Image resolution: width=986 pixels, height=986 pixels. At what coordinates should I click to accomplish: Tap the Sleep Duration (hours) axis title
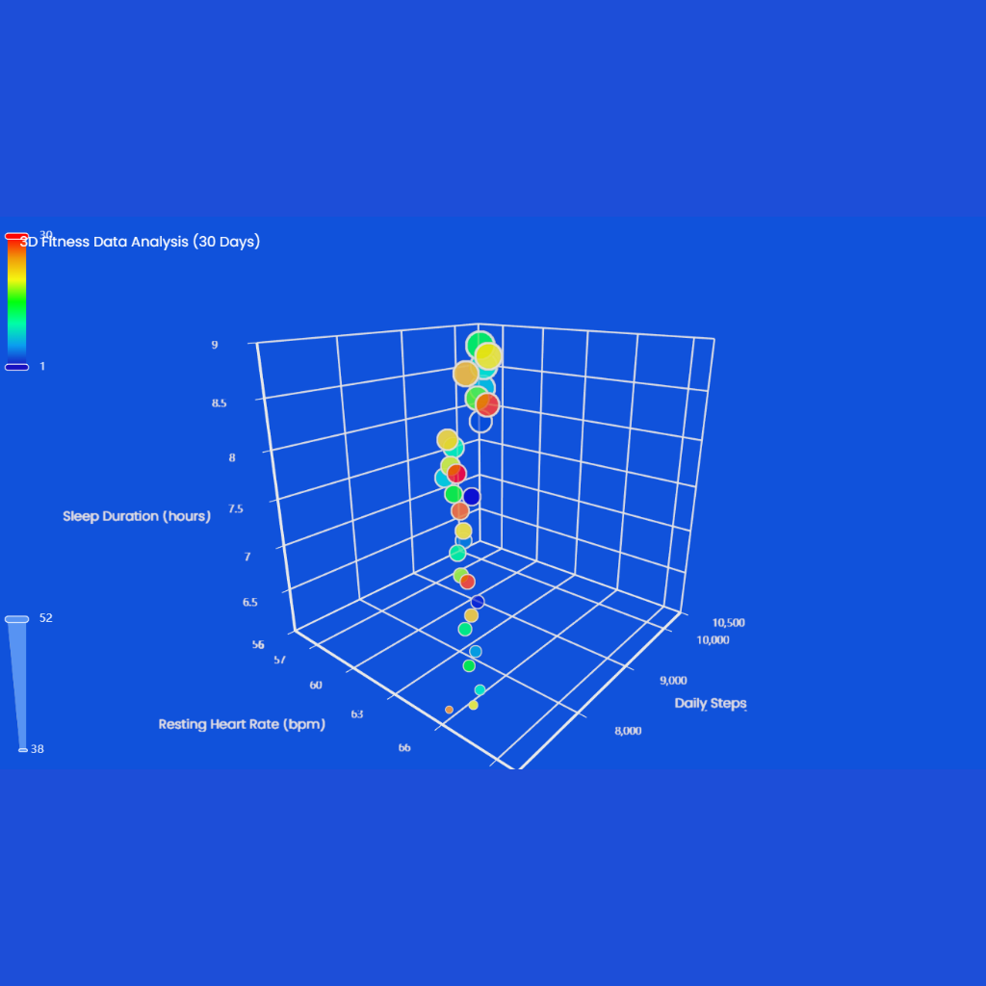137,516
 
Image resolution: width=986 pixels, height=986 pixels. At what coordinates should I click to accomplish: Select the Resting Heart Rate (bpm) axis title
242,724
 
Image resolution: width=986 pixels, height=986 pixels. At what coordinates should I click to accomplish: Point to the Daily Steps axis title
711,703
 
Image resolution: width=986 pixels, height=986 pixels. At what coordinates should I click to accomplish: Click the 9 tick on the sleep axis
215,345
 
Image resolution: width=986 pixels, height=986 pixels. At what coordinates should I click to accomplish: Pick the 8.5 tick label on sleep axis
220,402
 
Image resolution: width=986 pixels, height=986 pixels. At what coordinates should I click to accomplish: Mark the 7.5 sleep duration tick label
235,508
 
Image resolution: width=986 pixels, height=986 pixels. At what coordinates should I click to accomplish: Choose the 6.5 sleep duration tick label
249,603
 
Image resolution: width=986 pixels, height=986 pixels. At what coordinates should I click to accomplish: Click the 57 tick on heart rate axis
279,660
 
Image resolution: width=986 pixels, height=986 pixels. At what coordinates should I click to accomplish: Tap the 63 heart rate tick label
357,714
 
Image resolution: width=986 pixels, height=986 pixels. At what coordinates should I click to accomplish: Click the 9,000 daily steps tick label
679,680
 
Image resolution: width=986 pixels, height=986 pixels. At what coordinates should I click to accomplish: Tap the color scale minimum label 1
42,366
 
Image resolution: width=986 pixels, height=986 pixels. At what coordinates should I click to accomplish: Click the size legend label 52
45,618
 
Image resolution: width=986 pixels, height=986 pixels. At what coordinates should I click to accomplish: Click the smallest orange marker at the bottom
449,710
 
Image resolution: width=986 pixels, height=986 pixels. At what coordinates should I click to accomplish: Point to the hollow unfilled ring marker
480,422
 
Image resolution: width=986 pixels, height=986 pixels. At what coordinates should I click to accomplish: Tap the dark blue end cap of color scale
16,367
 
